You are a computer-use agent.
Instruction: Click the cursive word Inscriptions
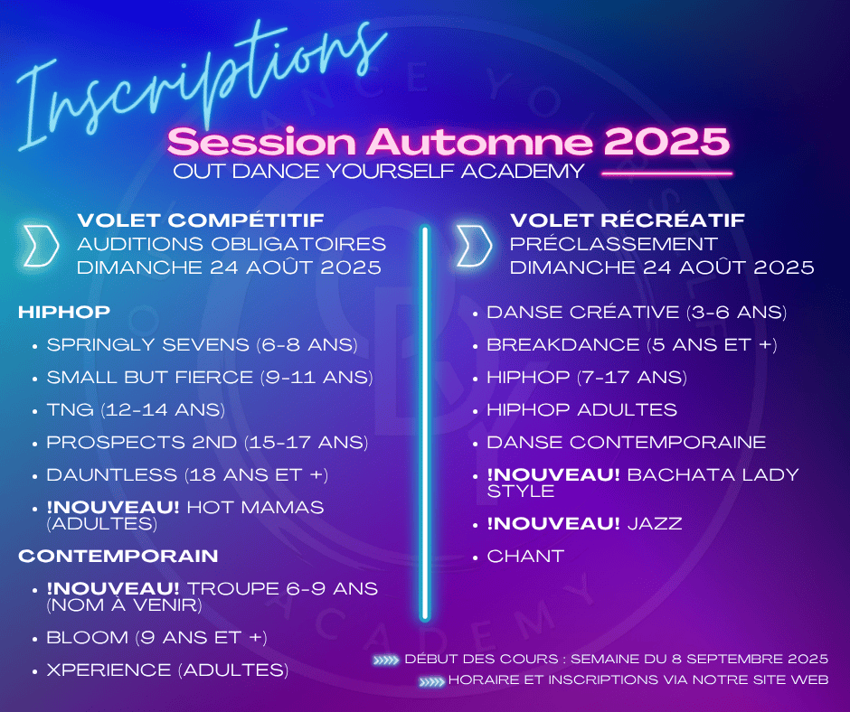(x=201, y=89)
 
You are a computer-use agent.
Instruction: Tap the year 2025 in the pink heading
(x=666, y=142)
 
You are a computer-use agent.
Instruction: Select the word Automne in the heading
(x=480, y=142)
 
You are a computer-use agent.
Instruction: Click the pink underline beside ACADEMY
(x=666, y=174)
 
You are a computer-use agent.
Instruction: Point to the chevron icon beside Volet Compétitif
(x=41, y=246)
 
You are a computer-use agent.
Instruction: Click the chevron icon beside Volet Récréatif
(x=474, y=246)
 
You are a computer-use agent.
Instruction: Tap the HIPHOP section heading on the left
(x=64, y=312)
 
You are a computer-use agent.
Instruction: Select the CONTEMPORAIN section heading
(x=118, y=556)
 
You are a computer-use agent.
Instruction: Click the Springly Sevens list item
(x=203, y=344)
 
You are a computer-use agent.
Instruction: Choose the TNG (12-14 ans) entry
(x=136, y=409)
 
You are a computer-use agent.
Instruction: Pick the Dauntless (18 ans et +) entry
(x=187, y=474)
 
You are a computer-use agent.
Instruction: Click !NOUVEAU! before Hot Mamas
(x=113, y=507)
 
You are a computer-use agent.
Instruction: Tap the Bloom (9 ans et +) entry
(x=156, y=637)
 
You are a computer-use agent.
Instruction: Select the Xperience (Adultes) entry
(x=167, y=670)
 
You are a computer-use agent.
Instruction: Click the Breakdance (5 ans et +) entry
(x=632, y=344)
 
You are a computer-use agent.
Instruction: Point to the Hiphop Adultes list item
(x=581, y=409)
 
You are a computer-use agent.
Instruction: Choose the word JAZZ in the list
(x=655, y=523)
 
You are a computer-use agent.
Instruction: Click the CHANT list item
(x=525, y=556)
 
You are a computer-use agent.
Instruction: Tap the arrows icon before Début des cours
(x=386, y=660)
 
